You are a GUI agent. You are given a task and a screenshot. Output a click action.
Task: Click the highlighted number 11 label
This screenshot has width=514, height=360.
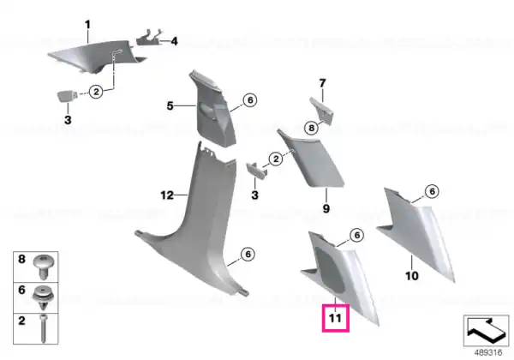[x=335, y=318]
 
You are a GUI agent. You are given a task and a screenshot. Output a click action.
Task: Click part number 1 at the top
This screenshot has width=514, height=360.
[x=87, y=25]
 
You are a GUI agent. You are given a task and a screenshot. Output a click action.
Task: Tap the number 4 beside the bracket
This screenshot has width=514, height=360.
[x=175, y=41]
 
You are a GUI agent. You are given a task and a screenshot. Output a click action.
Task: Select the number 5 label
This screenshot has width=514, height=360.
[x=170, y=106]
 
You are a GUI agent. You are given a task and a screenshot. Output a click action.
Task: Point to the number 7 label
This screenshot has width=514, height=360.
[x=323, y=83]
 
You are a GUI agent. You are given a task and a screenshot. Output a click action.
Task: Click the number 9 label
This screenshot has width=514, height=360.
[x=326, y=208]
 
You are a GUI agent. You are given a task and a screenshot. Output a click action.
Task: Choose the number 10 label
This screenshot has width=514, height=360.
[x=412, y=276]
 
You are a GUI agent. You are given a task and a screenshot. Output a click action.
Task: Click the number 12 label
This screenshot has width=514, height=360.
[x=167, y=195]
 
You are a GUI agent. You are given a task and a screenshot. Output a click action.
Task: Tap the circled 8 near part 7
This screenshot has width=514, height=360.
[x=311, y=127]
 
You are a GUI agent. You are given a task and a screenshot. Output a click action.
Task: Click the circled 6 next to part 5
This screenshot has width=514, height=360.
[x=250, y=99]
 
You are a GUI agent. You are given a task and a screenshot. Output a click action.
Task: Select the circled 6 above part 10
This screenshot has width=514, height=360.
[x=432, y=191]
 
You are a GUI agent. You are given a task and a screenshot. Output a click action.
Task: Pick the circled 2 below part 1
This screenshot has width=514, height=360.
[x=96, y=91]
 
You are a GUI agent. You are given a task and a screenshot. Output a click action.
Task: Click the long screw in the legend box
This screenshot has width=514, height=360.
[x=44, y=328]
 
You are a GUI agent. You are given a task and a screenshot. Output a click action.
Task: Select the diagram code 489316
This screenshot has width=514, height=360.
[x=488, y=352]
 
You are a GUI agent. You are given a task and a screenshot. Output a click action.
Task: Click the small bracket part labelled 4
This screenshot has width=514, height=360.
[x=149, y=38]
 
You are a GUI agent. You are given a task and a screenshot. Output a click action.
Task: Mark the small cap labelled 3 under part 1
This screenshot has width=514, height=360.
[x=67, y=97]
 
